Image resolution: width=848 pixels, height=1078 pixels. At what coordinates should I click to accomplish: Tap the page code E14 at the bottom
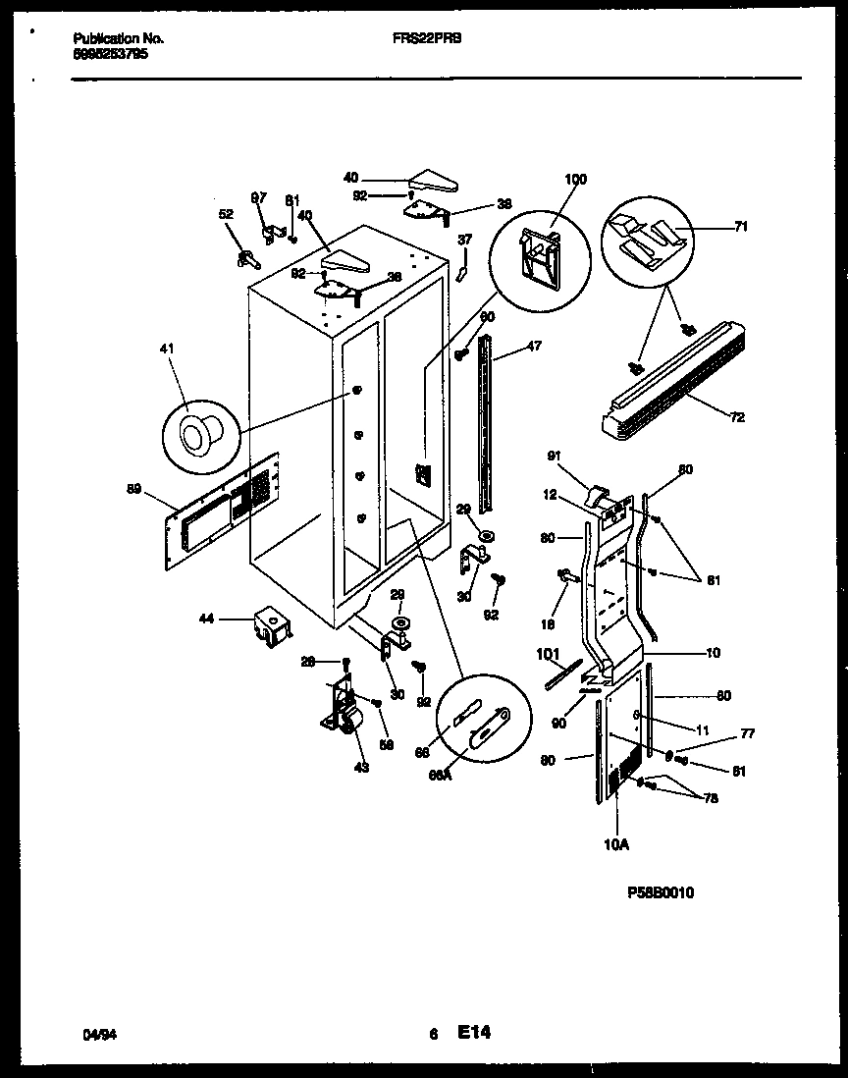[x=473, y=1033]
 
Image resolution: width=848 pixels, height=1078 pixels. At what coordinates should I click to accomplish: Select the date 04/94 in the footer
[x=95, y=1035]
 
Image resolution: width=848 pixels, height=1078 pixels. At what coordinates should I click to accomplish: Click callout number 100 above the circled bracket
[x=575, y=180]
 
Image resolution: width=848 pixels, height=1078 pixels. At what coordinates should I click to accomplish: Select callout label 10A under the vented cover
[x=617, y=842]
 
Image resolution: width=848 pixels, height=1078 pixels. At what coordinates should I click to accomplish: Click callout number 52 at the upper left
[x=226, y=213]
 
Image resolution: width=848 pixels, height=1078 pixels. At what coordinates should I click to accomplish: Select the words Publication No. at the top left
[x=119, y=38]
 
